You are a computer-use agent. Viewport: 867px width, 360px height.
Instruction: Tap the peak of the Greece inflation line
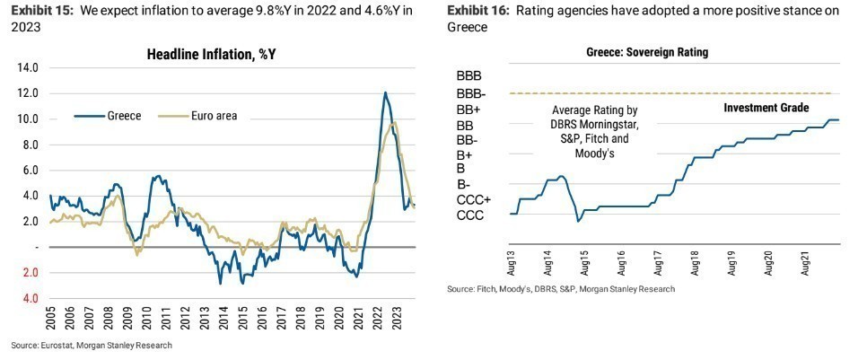[x=385, y=92]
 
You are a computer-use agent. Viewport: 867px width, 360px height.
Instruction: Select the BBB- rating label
[x=471, y=93]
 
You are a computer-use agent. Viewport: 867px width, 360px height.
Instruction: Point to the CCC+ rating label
[x=473, y=199]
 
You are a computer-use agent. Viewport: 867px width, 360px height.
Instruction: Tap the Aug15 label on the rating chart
[x=584, y=262]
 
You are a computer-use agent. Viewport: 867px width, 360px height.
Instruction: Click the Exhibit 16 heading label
[x=480, y=11]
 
